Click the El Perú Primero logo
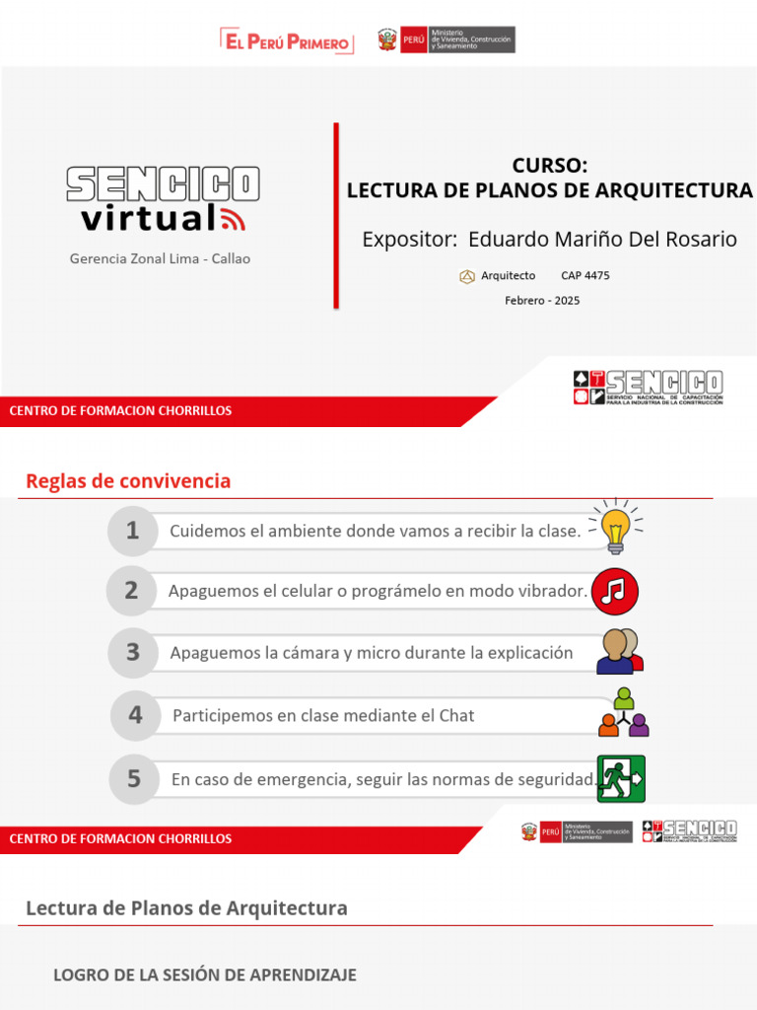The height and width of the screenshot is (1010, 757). pyautogui.click(x=286, y=41)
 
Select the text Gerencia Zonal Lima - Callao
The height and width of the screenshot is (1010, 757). pyautogui.click(x=160, y=258)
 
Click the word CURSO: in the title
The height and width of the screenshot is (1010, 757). pyautogui.click(x=549, y=166)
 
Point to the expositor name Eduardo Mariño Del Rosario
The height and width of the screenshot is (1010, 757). pyautogui.click(x=602, y=239)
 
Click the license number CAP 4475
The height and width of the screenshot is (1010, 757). pyautogui.click(x=585, y=276)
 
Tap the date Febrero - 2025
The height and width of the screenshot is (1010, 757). pyautogui.click(x=542, y=300)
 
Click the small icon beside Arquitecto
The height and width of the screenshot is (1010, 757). pyautogui.click(x=467, y=276)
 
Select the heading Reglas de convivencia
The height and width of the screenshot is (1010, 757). pyautogui.click(x=128, y=481)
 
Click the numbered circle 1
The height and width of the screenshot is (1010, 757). pyautogui.click(x=132, y=531)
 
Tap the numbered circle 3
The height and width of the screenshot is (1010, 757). pyautogui.click(x=132, y=652)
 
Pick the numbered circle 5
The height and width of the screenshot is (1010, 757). pyautogui.click(x=133, y=778)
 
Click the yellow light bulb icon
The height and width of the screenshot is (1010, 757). pyautogui.click(x=616, y=527)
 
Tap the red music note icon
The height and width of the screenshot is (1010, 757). pyautogui.click(x=615, y=591)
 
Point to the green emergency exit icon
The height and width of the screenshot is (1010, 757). pyautogui.click(x=621, y=778)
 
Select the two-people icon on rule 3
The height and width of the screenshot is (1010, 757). pyautogui.click(x=619, y=652)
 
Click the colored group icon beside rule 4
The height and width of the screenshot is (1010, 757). pyautogui.click(x=624, y=713)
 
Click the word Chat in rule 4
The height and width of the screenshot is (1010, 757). pyautogui.click(x=456, y=715)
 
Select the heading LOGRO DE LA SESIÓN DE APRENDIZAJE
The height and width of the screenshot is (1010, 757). pyautogui.click(x=205, y=974)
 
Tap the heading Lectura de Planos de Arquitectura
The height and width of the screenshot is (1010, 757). pyautogui.click(x=186, y=907)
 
